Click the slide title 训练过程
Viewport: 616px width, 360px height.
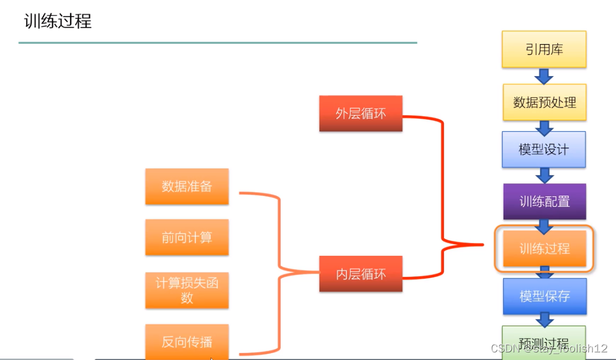click(x=57, y=22)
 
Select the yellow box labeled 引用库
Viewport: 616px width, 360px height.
click(x=544, y=49)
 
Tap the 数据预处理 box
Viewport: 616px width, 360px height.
click(x=544, y=102)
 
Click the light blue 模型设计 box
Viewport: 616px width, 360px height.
click(x=544, y=149)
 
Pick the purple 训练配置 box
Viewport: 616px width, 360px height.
click(x=544, y=201)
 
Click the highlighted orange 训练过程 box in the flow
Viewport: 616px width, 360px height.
click(x=544, y=249)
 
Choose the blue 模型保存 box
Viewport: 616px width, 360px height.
click(x=544, y=296)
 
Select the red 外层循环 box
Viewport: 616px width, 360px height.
click(x=361, y=114)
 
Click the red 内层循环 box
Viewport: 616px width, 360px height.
click(x=361, y=273)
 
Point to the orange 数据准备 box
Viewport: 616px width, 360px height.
click(x=187, y=187)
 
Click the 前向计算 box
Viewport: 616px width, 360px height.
click(x=187, y=238)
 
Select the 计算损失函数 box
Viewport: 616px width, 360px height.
click(x=187, y=290)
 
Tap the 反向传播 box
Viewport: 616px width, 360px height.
click(x=187, y=342)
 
